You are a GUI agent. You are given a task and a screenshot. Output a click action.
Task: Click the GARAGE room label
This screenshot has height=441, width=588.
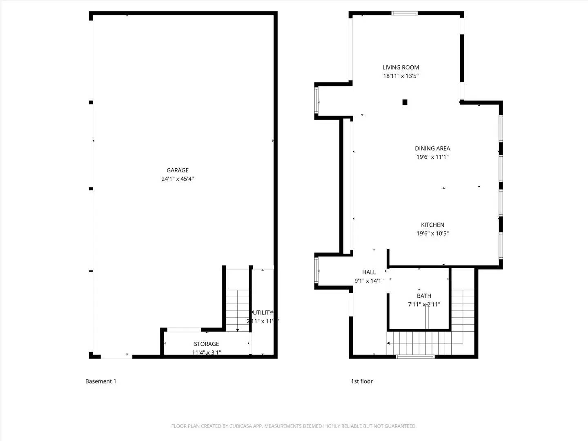[178, 170]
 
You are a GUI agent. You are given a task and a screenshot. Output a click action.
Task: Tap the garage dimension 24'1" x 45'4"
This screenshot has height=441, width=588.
[178, 179]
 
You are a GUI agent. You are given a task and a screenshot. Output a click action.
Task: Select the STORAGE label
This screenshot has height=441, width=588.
[206, 344]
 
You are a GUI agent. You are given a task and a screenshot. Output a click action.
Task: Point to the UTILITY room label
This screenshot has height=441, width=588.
[263, 313]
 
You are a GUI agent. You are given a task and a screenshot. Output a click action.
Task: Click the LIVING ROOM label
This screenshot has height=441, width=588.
[401, 67]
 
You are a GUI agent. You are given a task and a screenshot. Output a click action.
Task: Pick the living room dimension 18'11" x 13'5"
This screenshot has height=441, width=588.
[401, 76]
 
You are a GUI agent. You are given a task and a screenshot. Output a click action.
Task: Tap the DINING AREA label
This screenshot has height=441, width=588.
[432, 148]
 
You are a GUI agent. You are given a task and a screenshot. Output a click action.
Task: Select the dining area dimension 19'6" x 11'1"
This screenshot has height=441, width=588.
[432, 157]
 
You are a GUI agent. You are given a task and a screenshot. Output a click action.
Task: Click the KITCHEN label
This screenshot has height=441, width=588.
[432, 225]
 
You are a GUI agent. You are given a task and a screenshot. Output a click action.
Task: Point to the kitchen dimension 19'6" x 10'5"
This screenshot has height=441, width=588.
[432, 234]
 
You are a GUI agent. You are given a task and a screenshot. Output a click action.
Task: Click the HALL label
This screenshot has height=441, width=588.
[369, 272]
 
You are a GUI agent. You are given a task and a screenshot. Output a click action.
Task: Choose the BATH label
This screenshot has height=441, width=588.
[424, 296]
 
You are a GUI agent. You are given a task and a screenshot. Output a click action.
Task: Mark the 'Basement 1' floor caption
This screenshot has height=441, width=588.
[100, 381]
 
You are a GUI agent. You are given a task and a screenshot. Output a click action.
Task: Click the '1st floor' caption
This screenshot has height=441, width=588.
[362, 381]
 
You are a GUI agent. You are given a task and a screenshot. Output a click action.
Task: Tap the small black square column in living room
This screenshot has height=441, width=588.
[405, 102]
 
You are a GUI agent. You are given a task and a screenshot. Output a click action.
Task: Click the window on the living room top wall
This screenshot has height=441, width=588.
[405, 13]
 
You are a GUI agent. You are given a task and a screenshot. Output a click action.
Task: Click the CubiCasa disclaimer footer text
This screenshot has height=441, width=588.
[294, 426]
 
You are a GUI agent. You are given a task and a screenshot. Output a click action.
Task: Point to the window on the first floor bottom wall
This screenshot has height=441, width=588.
[415, 357]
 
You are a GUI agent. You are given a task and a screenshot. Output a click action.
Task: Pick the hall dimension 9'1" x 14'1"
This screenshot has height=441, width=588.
[369, 281]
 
